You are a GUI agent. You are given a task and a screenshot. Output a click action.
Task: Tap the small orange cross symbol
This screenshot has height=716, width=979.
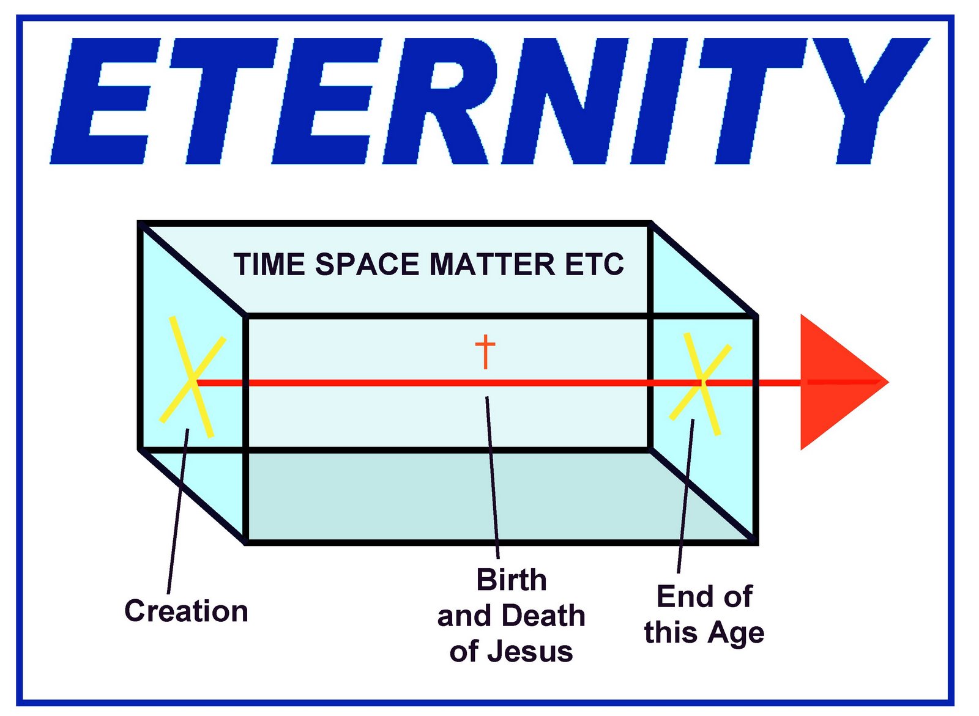[x=485, y=351]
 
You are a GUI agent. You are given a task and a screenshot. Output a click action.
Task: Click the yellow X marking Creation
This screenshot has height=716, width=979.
[x=192, y=378]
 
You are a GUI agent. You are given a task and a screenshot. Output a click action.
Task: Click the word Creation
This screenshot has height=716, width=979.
[x=186, y=611]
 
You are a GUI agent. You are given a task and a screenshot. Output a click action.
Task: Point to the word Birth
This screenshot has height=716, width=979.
[x=511, y=580]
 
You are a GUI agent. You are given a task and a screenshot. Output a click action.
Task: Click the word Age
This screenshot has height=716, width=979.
[x=737, y=633]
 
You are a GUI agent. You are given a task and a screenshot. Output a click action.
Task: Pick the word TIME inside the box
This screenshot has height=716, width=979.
[x=269, y=265]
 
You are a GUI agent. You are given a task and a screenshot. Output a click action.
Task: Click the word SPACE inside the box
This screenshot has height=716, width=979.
[x=367, y=265]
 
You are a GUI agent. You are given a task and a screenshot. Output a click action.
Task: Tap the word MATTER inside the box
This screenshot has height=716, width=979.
[x=492, y=265]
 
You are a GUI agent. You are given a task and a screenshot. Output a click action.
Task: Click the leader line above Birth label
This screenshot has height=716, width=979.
[x=493, y=477]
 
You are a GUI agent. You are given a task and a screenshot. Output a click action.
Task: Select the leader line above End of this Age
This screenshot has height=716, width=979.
[x=686, y=495]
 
